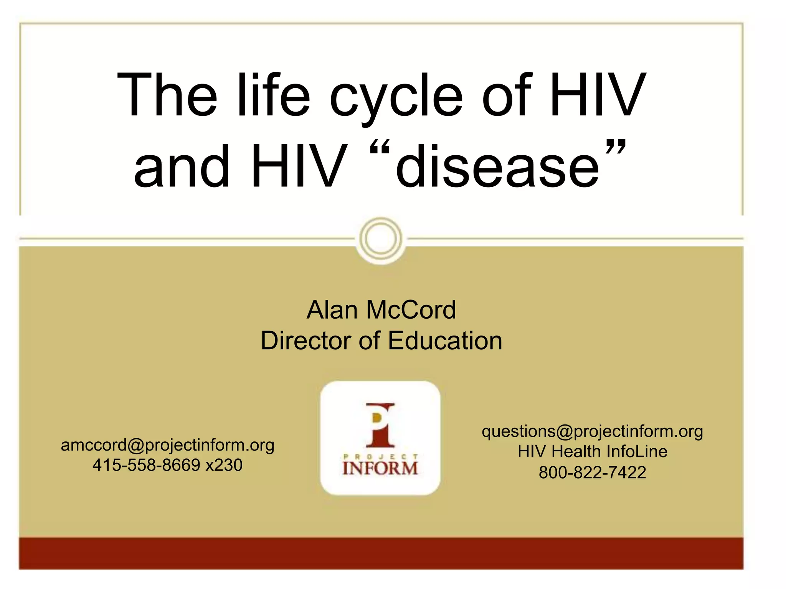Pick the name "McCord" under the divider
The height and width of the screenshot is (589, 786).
(411, 309)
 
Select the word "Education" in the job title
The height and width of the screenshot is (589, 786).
(445, 341)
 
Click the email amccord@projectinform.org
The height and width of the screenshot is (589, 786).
(168, 445)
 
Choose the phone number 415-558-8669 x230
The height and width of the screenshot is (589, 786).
(168, 465)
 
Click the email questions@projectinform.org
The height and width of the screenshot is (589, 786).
(592, 431)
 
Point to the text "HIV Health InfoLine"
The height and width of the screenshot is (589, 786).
(592, 451)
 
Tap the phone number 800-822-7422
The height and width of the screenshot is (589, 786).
(592, 472)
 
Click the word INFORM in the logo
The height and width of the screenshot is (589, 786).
(380, 468)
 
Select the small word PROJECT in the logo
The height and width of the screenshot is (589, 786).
(380, 456)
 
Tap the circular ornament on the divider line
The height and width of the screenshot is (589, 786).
(381, 239)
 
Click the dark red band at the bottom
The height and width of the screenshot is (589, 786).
(381, 553)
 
